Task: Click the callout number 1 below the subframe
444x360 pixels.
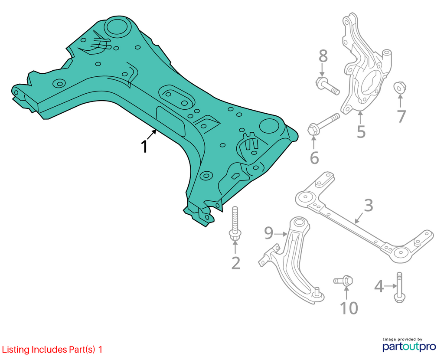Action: tap(144, 147)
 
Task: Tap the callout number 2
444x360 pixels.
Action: tap(236, 263)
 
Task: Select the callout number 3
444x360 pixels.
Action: tap(368, 206)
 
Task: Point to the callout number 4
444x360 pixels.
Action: tap(379, 286)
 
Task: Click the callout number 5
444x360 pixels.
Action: tap(361, 131)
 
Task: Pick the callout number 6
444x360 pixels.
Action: tap(314, 157)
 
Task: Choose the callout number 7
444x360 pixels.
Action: tap(401, 116)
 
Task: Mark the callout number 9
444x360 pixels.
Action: tap(269, 233)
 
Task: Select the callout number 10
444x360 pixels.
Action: tap(349, 308)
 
